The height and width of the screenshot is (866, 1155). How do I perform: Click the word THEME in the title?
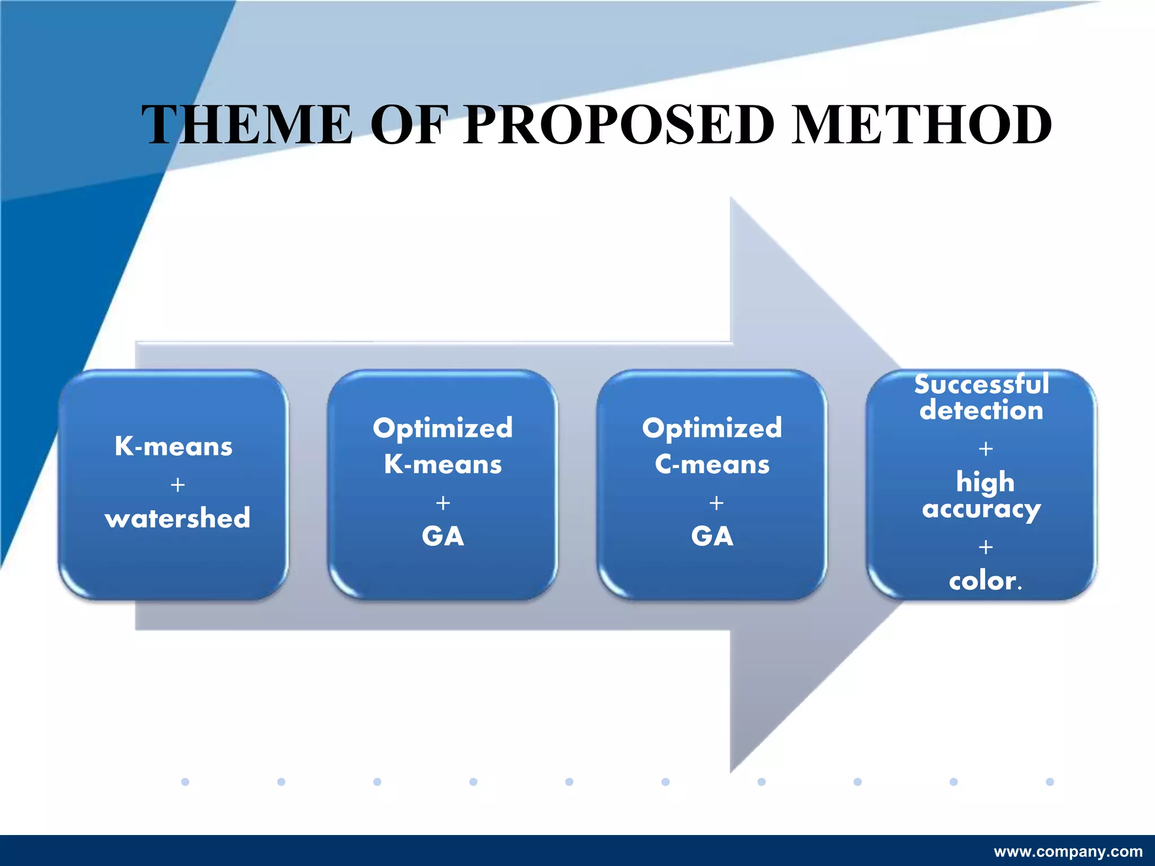[x=246, y=125]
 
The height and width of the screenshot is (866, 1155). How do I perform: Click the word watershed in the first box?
[x=177, y=518]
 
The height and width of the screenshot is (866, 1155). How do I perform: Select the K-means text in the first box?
[x=173, y=446]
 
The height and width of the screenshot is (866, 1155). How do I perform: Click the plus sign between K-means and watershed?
[x=178, y=485]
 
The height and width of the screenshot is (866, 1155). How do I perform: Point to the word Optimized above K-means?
[x=443, y=428]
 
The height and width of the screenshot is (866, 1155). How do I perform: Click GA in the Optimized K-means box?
[x=443, y=536]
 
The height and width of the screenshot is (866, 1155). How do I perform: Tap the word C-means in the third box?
[x=712, y=465]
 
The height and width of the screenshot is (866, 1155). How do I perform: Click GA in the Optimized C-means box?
[x=712, y=536]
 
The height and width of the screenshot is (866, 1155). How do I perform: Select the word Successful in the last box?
[x=981, y=385]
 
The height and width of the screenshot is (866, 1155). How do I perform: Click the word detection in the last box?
[x=981, y=410]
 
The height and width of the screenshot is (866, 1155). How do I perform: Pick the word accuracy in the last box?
[x=981, y=509]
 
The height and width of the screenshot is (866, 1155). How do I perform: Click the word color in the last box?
[x=982, y=581]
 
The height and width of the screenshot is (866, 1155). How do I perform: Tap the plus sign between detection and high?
[x=986, y=449]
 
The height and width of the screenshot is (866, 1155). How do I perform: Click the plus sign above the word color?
[x=986, y=547]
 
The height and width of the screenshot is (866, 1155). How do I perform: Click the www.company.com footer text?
[x=1068, y=851]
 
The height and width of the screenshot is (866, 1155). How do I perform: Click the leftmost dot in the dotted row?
[x=185, y=781]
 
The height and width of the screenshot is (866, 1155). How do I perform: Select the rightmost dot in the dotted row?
[x=1050, y=781]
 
